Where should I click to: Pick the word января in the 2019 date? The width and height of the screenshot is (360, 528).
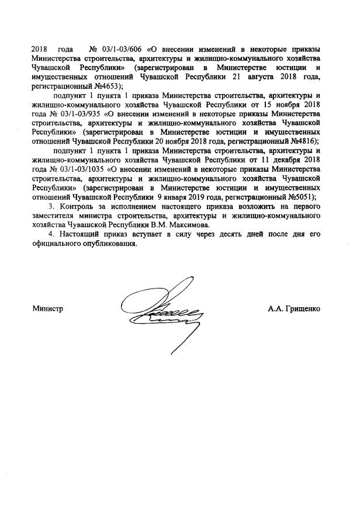point(175,196)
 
